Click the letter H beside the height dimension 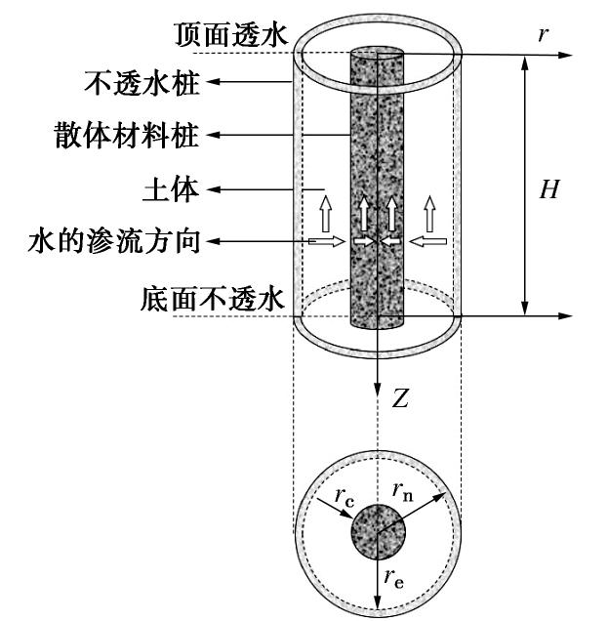549,190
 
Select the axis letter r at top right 544,34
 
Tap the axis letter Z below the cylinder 400,399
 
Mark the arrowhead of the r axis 565,57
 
